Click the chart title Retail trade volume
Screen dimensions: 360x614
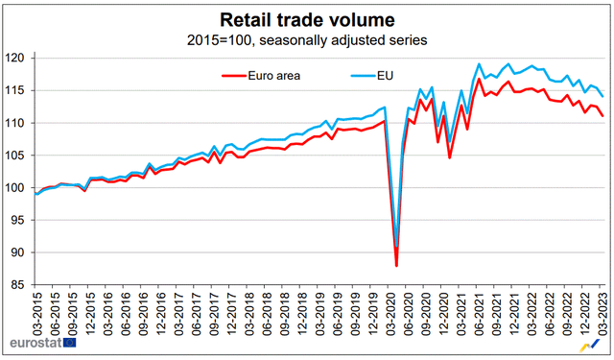click(x=307, y=19)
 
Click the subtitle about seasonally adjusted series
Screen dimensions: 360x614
click(x=307, y=40)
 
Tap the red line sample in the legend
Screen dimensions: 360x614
click(x=239, y=73)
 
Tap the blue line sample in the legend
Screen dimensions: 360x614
click(x=363, y=73)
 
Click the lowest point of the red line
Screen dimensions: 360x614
click(x=397, y=266)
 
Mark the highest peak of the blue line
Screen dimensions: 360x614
click(x=480, y=64)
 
